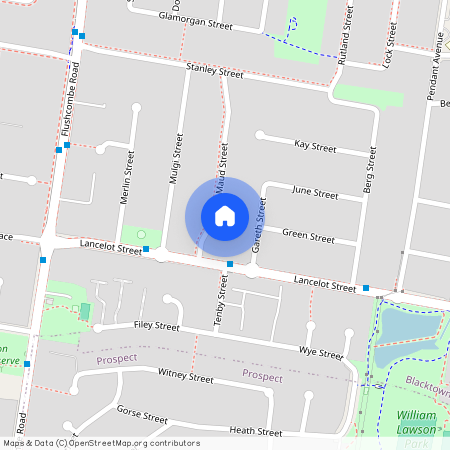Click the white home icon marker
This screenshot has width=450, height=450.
[225, 215]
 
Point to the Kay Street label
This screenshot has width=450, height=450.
[315, 146]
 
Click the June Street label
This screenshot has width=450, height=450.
[312, 191]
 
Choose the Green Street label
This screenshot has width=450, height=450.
[308, 237]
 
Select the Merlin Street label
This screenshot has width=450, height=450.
[127, 178]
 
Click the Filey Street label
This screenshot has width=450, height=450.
[155, 326]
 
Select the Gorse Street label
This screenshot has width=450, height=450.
[141, 415]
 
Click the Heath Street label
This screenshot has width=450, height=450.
[255, 431]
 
